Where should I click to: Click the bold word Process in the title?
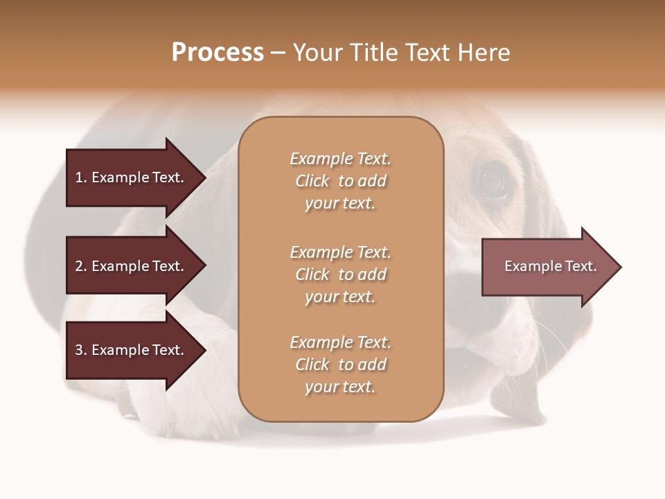218,53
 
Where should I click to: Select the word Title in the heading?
372,53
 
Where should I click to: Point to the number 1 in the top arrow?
79,177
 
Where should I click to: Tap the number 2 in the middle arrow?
79,266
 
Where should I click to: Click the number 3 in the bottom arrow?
79,350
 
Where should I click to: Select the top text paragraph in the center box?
340,181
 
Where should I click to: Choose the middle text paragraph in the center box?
340,274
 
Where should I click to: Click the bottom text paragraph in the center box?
340,365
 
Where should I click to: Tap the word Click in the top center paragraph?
312,181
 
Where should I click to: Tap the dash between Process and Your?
278,53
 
